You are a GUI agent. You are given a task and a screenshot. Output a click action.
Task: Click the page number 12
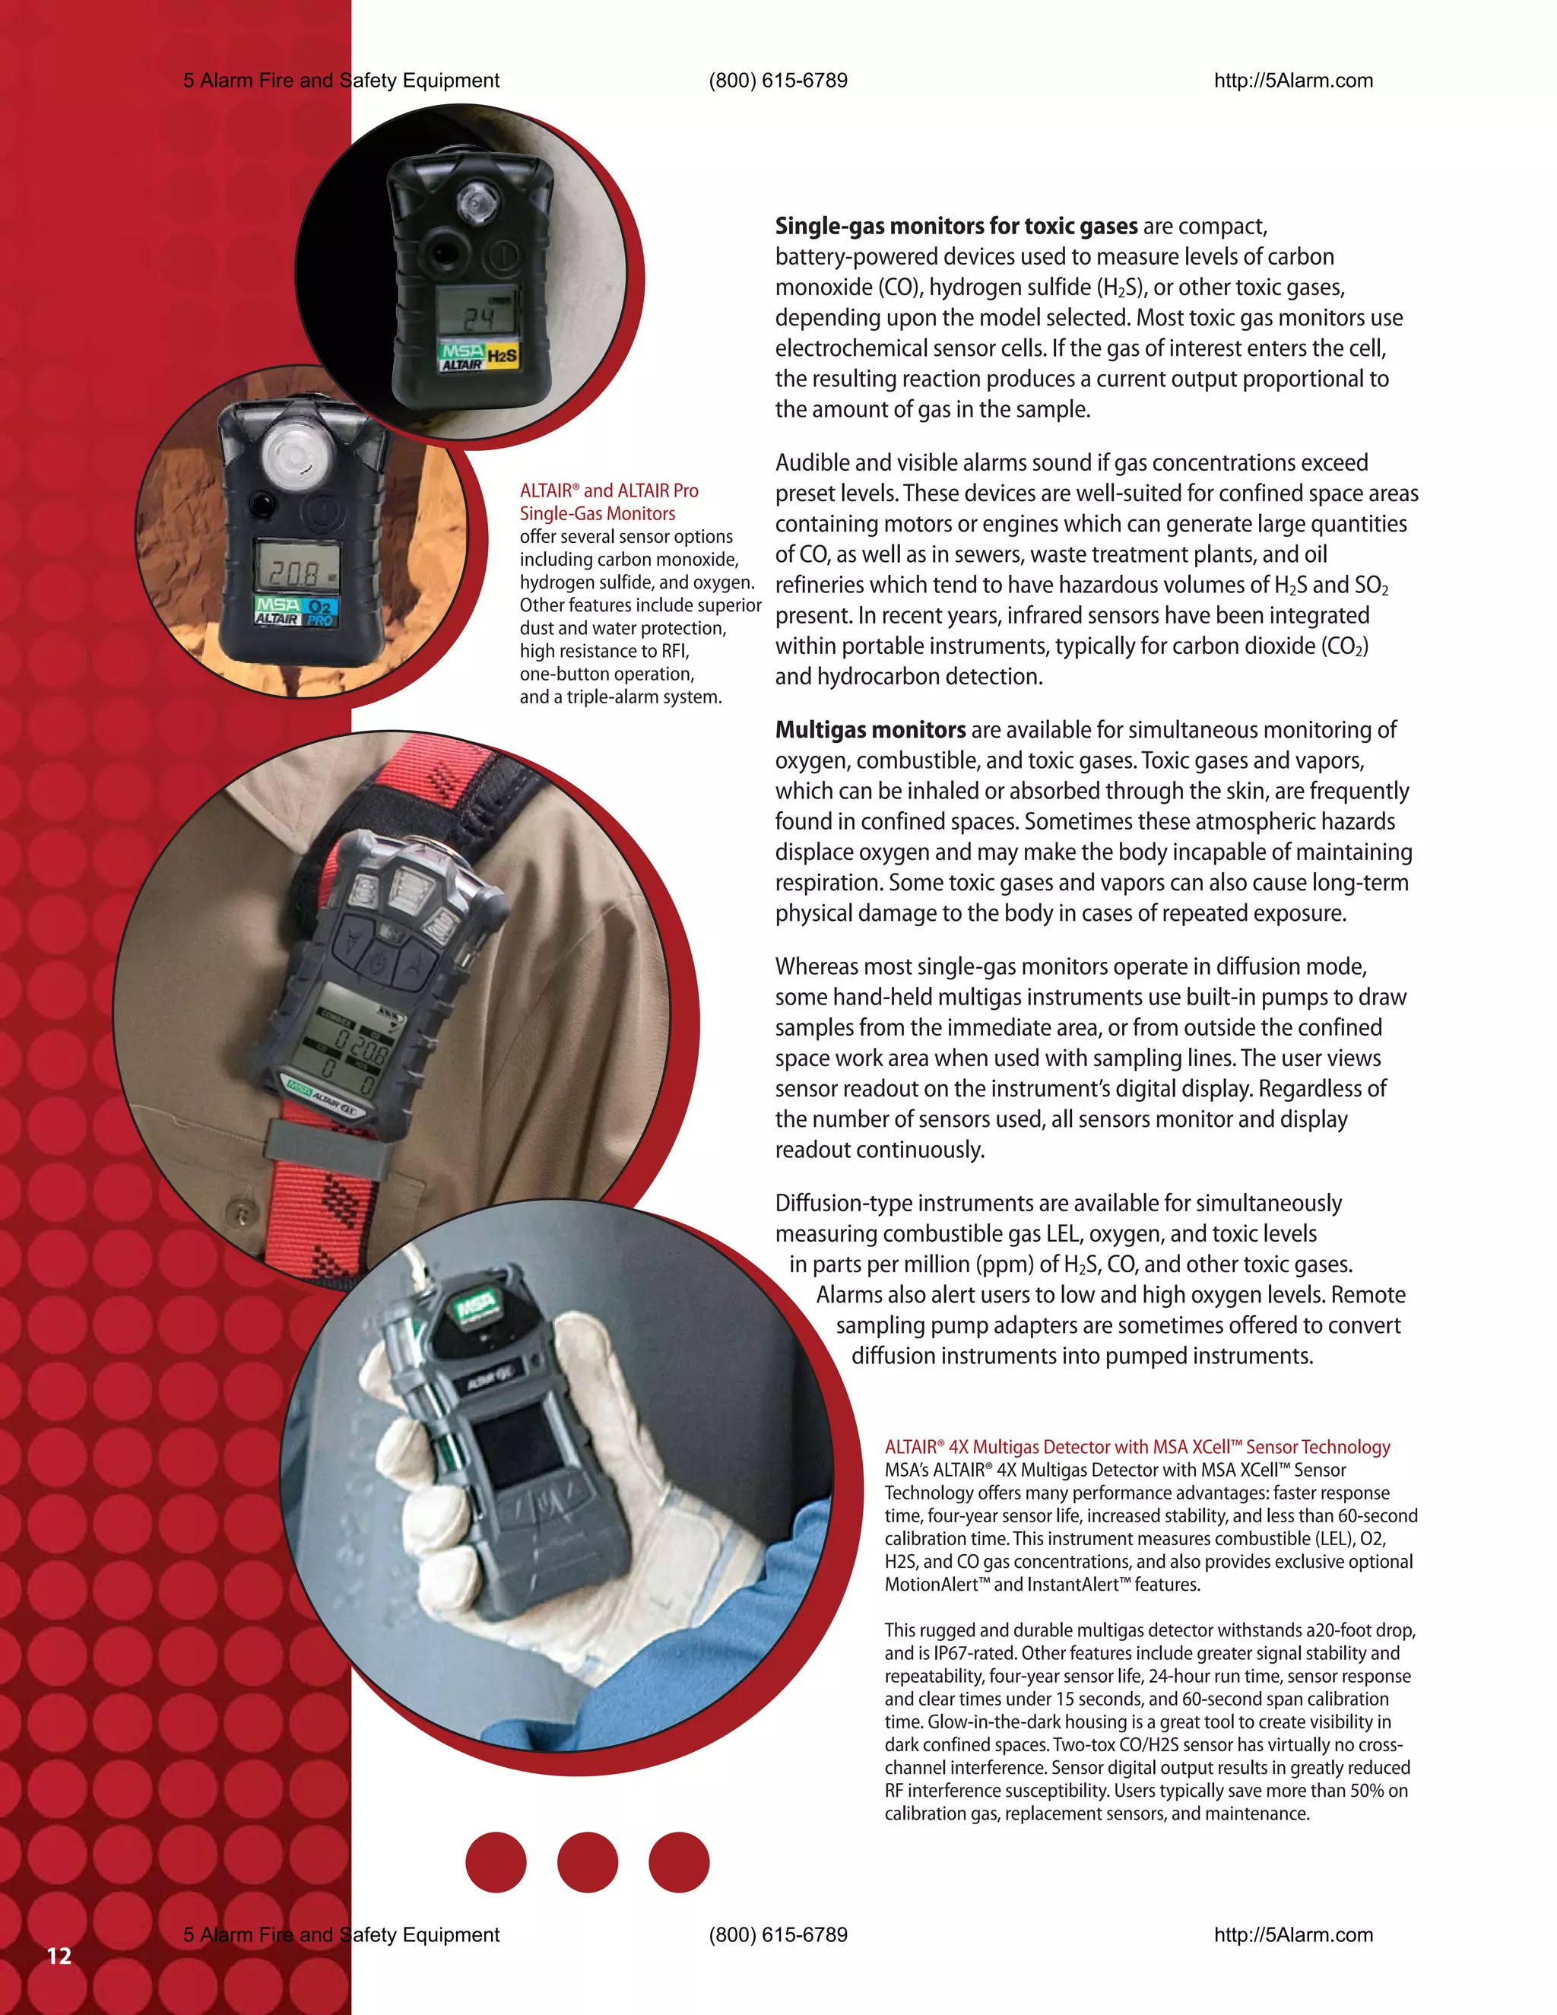pos(59,1956)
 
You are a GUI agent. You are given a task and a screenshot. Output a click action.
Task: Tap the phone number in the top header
pos(778,81)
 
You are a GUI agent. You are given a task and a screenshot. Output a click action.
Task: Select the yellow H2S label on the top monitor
pos(502,355)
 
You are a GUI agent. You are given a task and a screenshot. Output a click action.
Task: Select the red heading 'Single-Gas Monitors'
pos(597,514)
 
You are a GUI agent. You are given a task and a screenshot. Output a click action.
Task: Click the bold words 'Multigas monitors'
pos(870,730)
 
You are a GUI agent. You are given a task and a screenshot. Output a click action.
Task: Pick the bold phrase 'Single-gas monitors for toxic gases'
pos(956,226)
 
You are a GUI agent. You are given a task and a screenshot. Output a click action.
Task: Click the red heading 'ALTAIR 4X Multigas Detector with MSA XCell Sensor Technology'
pos(1137,1447)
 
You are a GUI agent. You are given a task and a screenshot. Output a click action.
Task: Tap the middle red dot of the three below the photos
pos(588,1862)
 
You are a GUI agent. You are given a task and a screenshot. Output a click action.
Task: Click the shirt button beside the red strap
pos(242,1214)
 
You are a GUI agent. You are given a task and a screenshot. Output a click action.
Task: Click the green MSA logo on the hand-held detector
pos(475,1303)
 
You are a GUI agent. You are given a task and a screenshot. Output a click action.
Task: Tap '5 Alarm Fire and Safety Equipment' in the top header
pos(341,81)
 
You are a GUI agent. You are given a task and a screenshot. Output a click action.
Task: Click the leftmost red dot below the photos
pos(496,1862)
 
